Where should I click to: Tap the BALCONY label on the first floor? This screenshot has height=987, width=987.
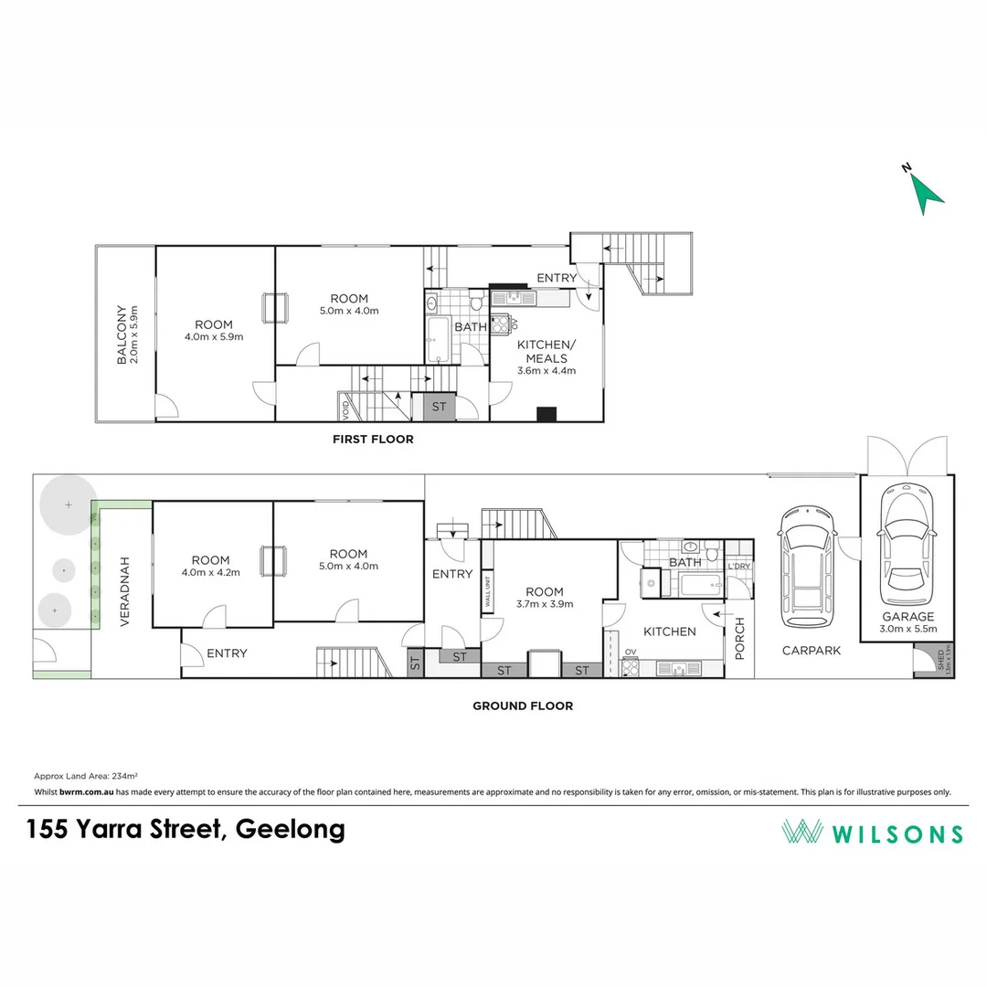pyautogui.click(x=127, y=334)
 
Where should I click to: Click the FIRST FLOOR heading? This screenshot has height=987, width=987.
pyautogui.click(x=372, y=440)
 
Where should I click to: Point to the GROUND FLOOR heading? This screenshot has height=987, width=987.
pyautogui.click(x=522, y=706)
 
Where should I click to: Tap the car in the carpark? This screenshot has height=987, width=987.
pyautogui.click(x=805, y=560)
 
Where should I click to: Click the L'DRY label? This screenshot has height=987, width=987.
pyautogui.click(x=738, y=567)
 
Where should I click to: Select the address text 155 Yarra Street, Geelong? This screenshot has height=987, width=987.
pyautogui.click(x=186, y=830)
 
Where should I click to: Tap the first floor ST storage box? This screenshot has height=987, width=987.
pyautogui.click(x=439, y=407)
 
